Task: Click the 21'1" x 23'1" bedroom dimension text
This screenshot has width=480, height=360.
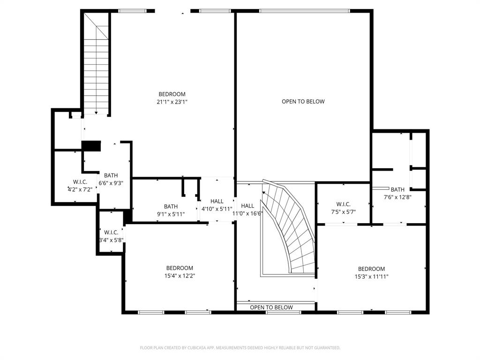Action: [x=172, y=102]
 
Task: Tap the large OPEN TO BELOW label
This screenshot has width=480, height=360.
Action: [x=303, y=101]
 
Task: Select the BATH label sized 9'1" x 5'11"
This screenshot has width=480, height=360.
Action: [x=171, y=206]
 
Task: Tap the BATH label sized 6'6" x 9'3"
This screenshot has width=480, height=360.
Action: [x=111, y=176]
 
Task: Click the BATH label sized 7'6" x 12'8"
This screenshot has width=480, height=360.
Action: [x=397, y=189]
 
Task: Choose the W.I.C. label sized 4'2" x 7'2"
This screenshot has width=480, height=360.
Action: [x=80, y=181]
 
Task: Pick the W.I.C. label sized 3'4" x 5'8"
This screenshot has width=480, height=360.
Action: [x=111, y=232]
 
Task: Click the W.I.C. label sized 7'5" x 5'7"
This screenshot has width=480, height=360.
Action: [x=343, y=204]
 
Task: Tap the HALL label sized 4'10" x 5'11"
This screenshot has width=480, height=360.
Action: [x=217, y=201]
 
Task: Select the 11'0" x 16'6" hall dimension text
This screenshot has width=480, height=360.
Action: [x=247, y=213]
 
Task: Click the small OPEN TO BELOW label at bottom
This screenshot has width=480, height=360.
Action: [x=271, y=307]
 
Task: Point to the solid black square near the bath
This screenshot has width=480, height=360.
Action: [x=91, y=146]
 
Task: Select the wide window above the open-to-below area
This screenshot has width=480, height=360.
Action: [x=305, y=11]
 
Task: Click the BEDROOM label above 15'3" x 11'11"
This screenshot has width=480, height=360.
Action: [x=371, y=269]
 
